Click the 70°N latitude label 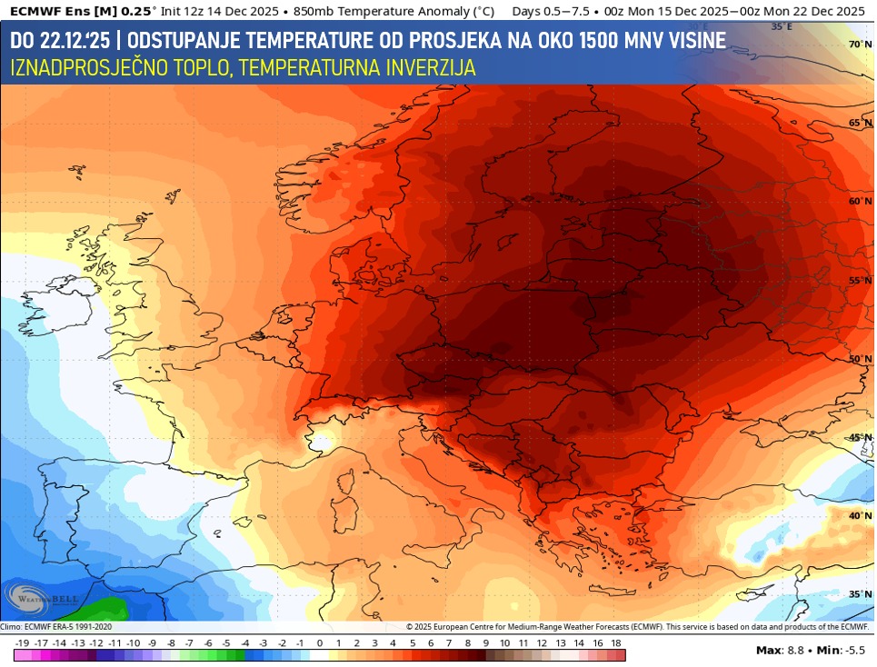point(860,45)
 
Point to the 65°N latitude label point(860,123)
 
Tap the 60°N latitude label point(860,201)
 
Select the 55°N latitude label point(860,280)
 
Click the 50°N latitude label point(860,359)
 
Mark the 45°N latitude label point(860,437)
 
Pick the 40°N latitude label point(860,515)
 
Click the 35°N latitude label point(860,594)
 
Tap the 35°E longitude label point(782,27)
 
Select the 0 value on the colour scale point(319,643)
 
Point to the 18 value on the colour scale point(615,643)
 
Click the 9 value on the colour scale point(485,643)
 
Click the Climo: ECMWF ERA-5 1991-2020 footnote point(56,627)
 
